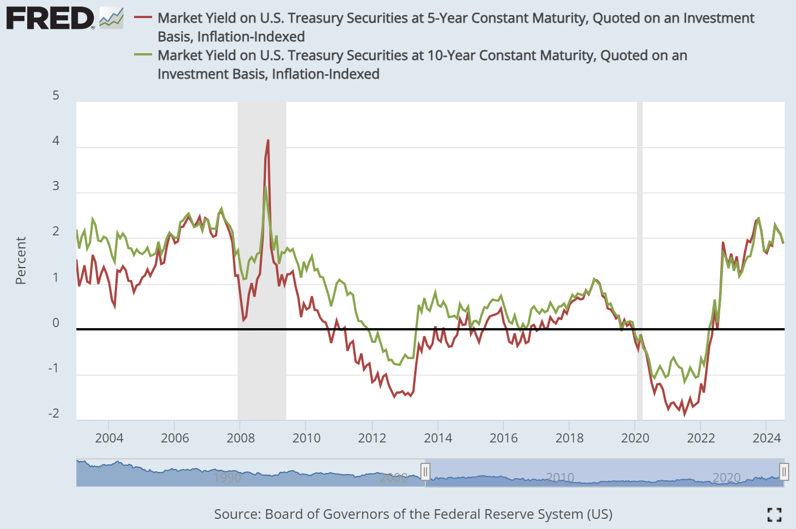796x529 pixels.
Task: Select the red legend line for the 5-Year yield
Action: coord(143,17)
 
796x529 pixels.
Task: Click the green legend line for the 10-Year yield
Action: coord(143,55)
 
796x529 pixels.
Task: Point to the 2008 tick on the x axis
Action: coord(240,438)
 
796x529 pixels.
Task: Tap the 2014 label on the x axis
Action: coord(438,438)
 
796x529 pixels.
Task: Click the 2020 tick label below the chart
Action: coord(635,438)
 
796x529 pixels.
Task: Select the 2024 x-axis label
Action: coord(767,438)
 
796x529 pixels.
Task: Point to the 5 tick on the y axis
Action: coord(55,95)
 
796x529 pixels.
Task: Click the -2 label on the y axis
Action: coord(53,414)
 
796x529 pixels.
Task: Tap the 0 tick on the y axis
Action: coord(55,322)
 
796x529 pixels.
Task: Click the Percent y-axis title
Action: coord(21,260)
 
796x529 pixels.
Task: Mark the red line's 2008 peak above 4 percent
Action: coord(268,140)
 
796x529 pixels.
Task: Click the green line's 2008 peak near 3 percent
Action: coord(265,187)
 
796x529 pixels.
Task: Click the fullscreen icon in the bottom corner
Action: coord(774,514)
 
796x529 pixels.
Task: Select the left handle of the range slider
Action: coord(425,471)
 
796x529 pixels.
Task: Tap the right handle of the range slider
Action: coord(784,471)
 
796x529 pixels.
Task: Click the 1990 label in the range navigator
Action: coord(227,478)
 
